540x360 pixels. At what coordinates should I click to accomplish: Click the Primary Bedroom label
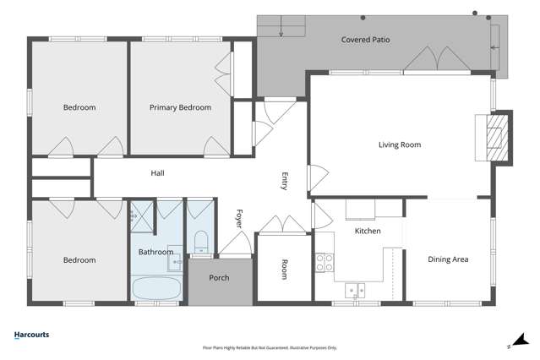[180, 107]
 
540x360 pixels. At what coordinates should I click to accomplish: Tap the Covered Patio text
[365, 40]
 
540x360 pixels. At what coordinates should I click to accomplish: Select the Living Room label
[400, 145]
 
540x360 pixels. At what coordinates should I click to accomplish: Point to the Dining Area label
[448, 259]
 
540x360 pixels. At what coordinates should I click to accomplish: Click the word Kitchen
[368, 231]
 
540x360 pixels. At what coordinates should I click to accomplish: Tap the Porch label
[219, 278]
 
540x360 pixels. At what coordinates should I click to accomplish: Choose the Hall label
[157, 173]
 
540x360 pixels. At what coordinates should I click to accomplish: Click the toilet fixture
[201, 242]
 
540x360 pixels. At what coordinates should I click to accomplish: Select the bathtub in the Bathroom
[156, 288]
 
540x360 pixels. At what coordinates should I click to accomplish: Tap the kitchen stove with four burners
[325, 263]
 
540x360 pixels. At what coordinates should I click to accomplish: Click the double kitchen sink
[355, 291]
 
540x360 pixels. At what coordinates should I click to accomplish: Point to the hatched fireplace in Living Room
[497, 138]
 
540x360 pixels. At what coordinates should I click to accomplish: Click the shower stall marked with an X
[142, 216]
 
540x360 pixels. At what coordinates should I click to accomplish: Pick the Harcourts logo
[31, 335]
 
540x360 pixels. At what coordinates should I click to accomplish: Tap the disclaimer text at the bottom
[270, 348]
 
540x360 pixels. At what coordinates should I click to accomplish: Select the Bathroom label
[155, 252]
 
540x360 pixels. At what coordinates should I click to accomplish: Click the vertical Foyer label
[239, 219]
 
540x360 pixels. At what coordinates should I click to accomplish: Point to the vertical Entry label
[285, 181]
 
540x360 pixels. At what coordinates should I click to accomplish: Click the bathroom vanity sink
[175, 259]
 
